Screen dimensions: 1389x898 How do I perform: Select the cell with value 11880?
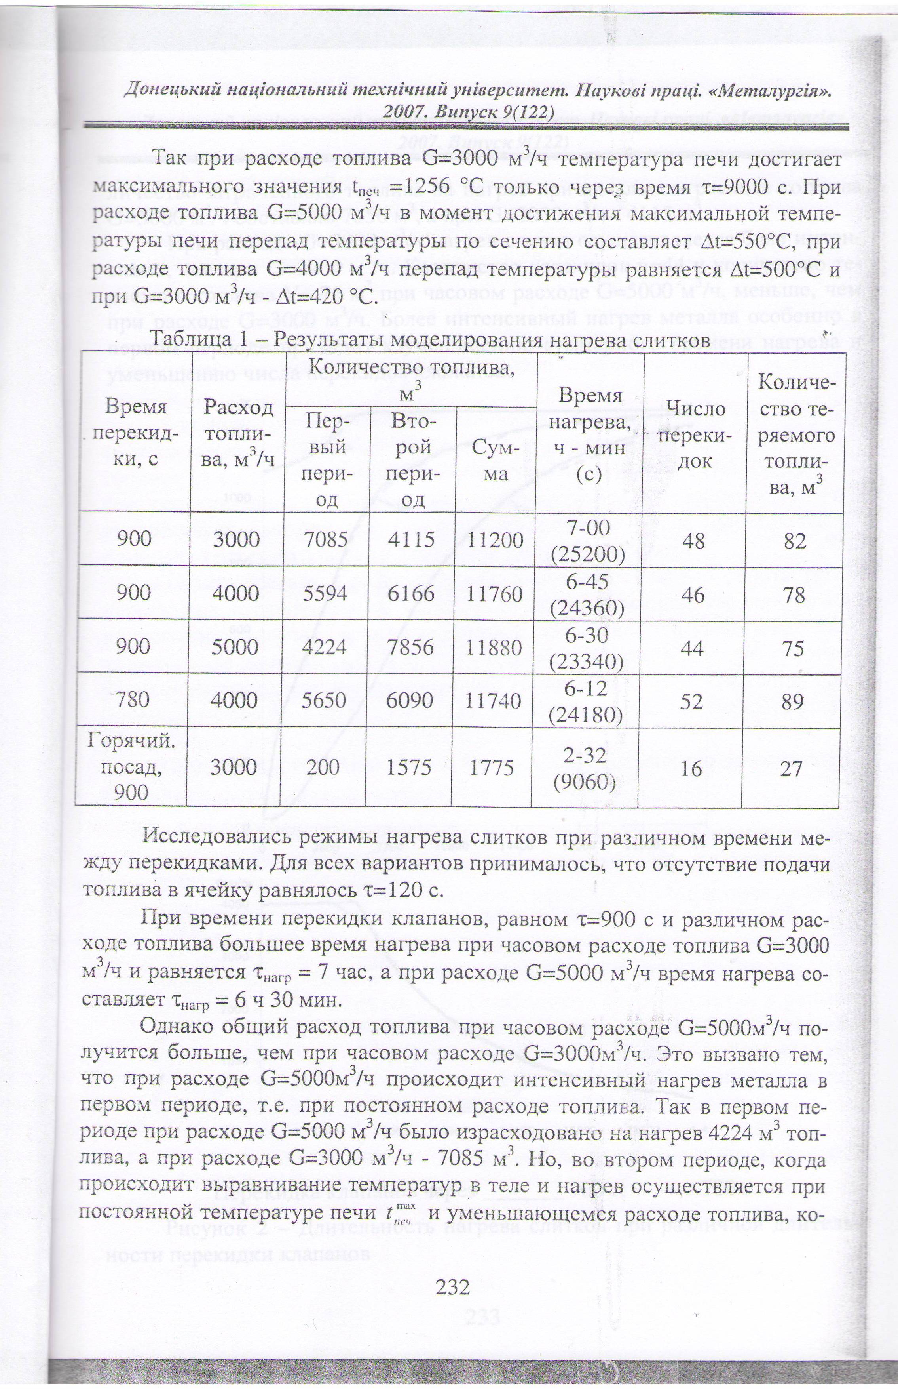[494, 647]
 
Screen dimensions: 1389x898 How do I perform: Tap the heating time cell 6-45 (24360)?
[587, 594]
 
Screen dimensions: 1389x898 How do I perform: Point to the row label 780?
[133, 699]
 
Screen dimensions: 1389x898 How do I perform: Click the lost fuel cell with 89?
[793, 701]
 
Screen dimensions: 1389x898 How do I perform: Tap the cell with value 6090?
[409, 699]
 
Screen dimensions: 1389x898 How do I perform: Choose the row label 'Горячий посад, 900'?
[131, 766]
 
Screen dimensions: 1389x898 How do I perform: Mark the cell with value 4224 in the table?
[325, 647]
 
